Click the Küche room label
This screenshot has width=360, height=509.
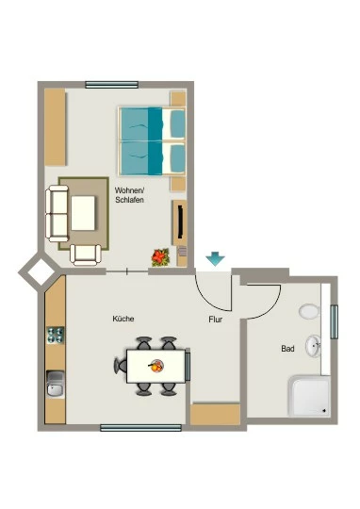coord(123,319)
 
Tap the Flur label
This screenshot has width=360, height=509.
coord(216,320)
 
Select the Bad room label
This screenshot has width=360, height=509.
coord(287,349)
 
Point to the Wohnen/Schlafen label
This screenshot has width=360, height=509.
coord(129,195)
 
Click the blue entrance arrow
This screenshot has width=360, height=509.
coord(215,258)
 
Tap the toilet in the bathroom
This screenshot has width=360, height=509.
coord(309,312)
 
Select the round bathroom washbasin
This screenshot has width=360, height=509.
coord(313,346)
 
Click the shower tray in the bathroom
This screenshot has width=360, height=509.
coord(309,396)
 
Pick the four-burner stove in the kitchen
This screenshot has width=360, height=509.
coord(56,336)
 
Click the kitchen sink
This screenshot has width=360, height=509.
coord(56,384)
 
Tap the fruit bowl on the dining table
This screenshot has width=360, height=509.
coord(156,366)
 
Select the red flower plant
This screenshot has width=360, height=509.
coord(160,257)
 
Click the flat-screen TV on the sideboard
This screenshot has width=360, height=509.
coord(181,222)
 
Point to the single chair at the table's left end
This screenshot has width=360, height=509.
coord(120,366)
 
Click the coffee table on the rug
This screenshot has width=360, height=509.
coord(83,213)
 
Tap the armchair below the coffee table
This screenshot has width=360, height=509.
coord(86,254)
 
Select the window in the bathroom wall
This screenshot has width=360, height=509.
coord(334,321)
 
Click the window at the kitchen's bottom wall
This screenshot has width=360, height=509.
coord(140,428)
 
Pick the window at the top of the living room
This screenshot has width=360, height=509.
coord(111,85)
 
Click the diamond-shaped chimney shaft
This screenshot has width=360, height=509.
coord(41,271)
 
